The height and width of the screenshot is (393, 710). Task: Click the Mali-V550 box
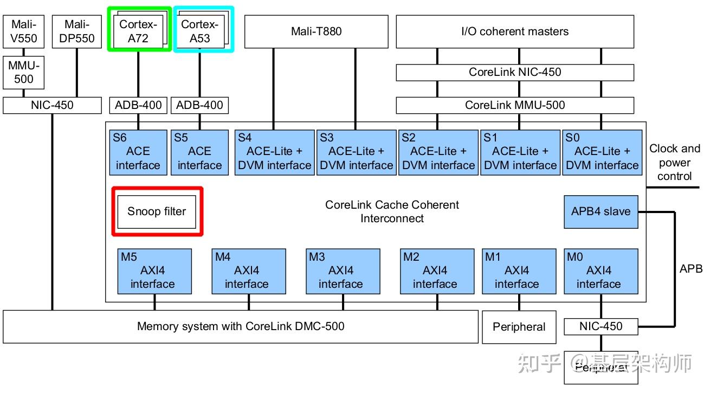coord(24,31)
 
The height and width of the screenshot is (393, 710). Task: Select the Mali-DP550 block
coord(76,31)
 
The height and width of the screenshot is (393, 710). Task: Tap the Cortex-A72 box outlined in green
coord(139,31)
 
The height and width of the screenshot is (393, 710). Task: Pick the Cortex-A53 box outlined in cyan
coord(200,31)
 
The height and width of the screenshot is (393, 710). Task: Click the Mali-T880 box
coord(317,31)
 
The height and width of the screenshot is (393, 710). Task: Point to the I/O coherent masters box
coord(515,31)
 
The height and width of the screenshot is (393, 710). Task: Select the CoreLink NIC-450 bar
coord(515,72)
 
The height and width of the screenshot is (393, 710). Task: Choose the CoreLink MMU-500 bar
coord(515,105)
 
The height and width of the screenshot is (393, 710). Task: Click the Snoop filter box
coord(157,211)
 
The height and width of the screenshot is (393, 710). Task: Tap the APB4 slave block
coord(601,211)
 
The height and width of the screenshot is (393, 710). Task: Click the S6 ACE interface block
coord(138,152)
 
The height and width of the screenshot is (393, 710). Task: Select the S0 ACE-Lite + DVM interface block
coord(602,152)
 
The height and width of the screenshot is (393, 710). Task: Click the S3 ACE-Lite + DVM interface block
coord(356,152)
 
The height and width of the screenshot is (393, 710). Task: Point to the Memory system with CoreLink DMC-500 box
coord(241,326)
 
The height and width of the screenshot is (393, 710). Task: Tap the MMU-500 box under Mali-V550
coord(24,72)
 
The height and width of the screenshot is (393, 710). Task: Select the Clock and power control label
coord(674,162)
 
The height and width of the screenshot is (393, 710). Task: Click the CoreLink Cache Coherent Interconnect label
coord(392,211)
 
